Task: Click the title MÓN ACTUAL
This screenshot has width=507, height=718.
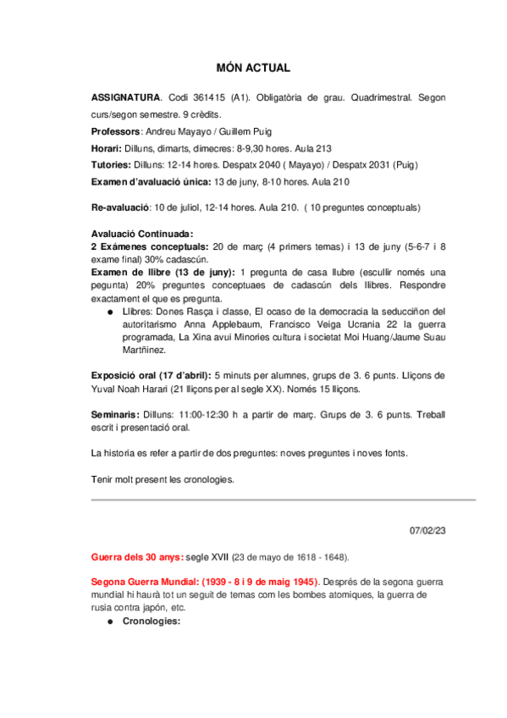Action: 253,68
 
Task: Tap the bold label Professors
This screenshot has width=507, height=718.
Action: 114,132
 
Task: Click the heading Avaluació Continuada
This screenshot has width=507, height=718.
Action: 142,235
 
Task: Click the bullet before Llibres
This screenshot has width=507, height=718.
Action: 112,312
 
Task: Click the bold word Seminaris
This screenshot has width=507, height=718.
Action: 115,415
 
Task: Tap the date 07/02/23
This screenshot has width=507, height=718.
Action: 427,531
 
